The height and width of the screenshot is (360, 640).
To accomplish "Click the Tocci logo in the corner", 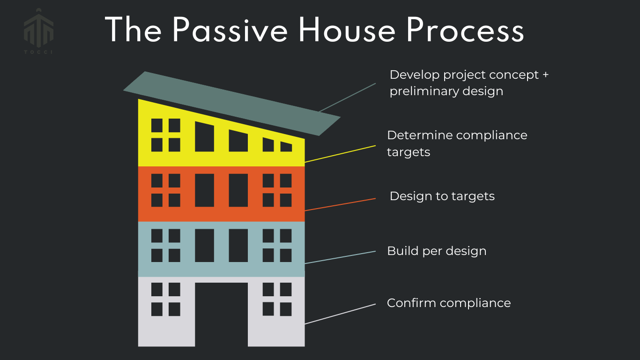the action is [x=38, y=31].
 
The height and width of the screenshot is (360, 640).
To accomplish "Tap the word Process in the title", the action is [x=465, y=30].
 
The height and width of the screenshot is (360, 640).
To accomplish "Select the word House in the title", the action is [x=347, y=30].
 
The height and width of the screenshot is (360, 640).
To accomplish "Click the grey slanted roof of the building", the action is [x=232, y=104].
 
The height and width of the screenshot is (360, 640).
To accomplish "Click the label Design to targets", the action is [x=442, y=196].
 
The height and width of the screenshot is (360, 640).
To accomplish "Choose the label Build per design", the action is [x=437, y=251].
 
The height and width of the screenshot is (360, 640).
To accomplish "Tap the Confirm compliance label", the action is [x=448, y=303].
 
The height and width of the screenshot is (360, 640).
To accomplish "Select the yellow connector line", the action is [x=340, y=154].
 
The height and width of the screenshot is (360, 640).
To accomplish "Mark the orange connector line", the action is [x=340, y=205].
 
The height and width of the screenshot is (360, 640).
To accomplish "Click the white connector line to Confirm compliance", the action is [x=340, y=314].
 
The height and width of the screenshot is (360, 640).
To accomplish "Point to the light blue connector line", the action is [x=340, y=257].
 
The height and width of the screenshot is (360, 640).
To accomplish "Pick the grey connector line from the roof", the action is [x=347, y=97].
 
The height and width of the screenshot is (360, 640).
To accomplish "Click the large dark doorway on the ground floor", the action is [x=222, y=315].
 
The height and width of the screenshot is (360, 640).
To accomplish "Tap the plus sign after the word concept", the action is [x=545, y=75].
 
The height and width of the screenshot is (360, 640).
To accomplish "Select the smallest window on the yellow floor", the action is [x=286, y=147].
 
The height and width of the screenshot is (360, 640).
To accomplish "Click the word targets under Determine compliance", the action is [x=409, y=152].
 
